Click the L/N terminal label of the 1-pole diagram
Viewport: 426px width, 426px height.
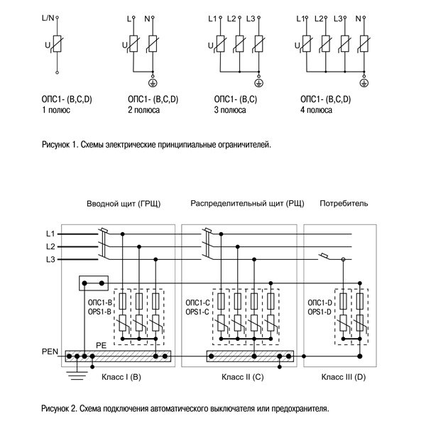(x=47, y=16)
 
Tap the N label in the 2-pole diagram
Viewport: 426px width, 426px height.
(x=148, y=16)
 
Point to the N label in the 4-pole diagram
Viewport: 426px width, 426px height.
(x=358, y=16)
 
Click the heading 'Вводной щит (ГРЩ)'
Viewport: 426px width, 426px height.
(x=123, y=204)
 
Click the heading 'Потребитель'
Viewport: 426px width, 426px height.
(x=344, y=204)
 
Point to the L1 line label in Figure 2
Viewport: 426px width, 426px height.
(x=50, y=234)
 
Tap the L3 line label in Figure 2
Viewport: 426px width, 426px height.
(x=50, y=260)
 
